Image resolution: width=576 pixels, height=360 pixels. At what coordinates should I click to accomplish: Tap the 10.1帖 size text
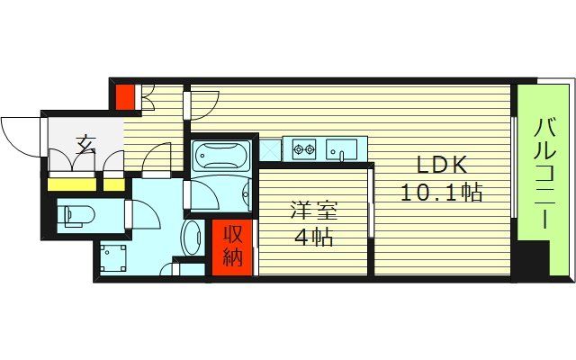click(441, 192)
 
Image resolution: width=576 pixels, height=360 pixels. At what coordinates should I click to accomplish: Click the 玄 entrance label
click(85, 143)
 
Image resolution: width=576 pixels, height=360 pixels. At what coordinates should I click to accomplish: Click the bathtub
click(222, 158)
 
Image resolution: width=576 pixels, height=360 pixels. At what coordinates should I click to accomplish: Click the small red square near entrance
click(123, 93)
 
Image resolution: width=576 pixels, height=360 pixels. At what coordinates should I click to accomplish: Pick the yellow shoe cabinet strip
click(85, 184)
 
